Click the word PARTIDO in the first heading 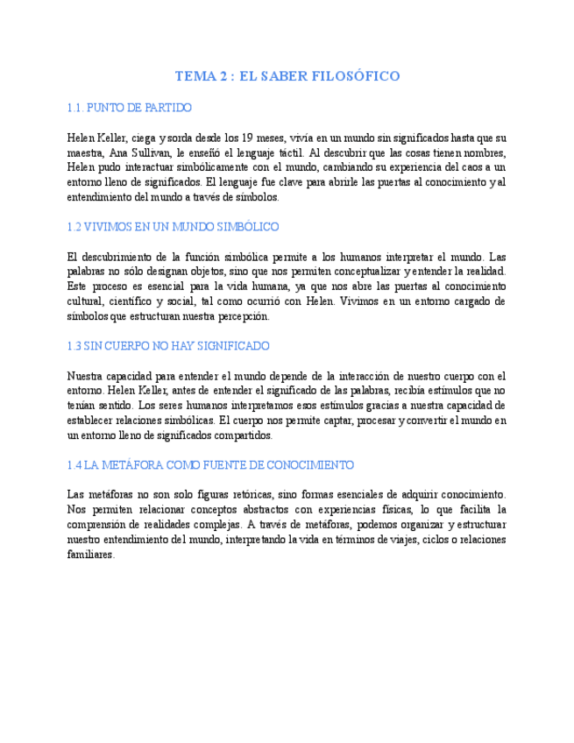169,108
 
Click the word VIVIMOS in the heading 106,227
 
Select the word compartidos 243,435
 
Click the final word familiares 90,555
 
